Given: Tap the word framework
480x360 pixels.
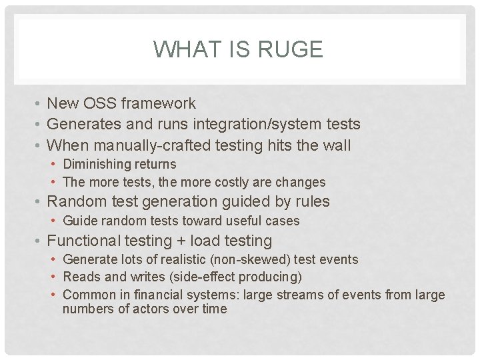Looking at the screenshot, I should tap(159, 103).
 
